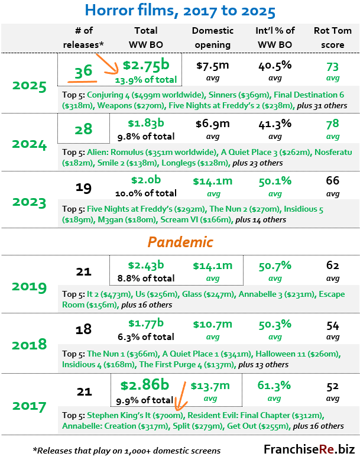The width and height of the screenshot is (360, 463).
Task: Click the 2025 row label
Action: coord(29,86)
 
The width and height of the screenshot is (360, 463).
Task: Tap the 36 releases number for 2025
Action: coord(83,71)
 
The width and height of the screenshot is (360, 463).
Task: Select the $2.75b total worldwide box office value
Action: coord(146,65)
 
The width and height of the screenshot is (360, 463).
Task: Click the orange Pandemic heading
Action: coord(180,242)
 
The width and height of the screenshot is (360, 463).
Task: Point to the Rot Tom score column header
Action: coord(333,37)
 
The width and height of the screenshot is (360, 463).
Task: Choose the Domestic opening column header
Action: coord(212,37)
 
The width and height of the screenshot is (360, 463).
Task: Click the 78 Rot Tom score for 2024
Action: coord(333,124)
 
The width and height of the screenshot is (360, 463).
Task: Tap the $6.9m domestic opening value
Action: coord(212,124)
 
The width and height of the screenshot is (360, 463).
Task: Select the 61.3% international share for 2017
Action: coord(274,386)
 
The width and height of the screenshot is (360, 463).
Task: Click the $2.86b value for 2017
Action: coord(145,385)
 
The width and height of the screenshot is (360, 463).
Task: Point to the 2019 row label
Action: coord(29,286)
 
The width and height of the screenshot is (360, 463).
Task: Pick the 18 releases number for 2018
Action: coord(83,329)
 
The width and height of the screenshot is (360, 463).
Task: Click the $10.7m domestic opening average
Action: coord(212,324)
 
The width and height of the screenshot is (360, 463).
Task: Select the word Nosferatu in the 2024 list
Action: coord(333,152)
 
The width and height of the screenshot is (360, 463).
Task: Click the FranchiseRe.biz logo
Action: coord(309,449)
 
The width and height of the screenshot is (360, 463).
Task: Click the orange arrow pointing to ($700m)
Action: coord(180,396)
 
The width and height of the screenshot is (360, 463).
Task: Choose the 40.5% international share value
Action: coord(275,66)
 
